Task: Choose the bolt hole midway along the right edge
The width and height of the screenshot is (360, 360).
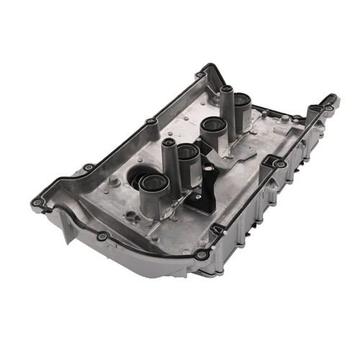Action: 279,164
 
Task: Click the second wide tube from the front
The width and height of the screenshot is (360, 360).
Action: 187,152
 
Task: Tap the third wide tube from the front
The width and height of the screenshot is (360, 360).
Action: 213,127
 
